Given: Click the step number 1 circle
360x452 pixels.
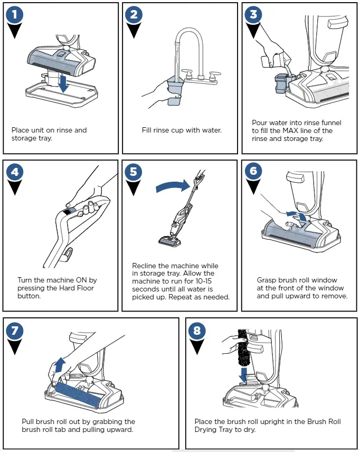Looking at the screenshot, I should [15, 15].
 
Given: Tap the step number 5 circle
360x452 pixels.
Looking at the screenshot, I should [135, 173].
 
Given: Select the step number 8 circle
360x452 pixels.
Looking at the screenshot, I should [197, 331].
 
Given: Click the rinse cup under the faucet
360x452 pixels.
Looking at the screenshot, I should [175, 90].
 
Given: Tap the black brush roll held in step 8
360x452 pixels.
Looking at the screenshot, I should [243, 349].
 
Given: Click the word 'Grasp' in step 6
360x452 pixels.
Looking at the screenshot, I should [267, 280].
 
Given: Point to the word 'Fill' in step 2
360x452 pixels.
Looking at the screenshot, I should [148, 130].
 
